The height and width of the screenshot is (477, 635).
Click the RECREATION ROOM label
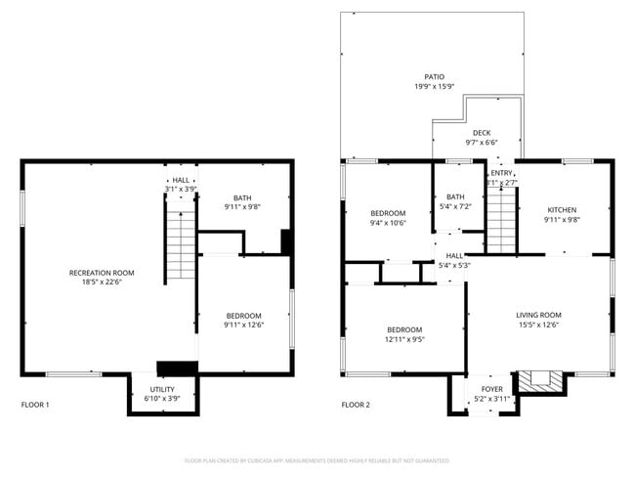[101, 273]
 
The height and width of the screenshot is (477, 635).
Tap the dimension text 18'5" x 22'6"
[101, 282]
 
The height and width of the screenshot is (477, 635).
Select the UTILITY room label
[163, 388]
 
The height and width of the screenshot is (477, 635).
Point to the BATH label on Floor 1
[241, 198]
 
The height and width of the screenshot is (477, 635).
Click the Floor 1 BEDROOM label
[243, 316]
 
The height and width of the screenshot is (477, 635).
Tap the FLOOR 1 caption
[35, 405]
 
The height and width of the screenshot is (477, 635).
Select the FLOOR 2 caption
[356, 405]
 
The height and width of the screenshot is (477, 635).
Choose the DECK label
[482, 133]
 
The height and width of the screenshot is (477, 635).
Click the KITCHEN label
[562, 210]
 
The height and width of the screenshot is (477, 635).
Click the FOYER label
[492, 388]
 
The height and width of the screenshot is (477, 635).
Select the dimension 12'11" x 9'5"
[404, 339]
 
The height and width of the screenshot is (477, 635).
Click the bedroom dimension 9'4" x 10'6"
[387, 223]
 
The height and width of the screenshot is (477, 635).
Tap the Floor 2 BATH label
[456, 196]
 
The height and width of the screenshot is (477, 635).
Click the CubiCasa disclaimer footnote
[317, 460]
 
